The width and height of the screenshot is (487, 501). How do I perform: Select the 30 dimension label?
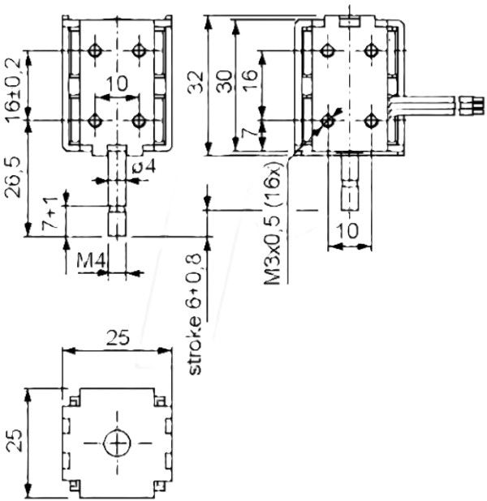pos(226,79)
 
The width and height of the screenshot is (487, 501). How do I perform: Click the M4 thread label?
pos(89,261)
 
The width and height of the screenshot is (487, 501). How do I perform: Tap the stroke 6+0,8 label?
pos(193,313)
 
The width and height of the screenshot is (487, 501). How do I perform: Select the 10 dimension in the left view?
pos(117,83)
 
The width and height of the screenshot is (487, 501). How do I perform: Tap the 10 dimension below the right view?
pos(347,229)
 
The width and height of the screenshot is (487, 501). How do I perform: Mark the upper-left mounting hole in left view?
pos(95,50)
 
